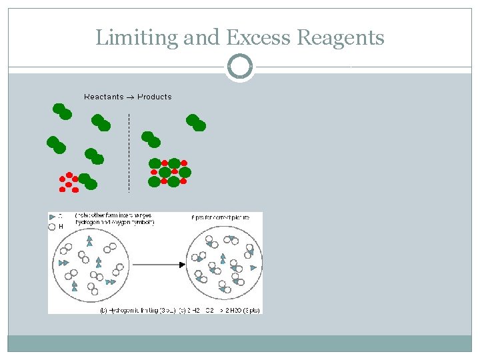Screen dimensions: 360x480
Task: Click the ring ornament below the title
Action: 240,67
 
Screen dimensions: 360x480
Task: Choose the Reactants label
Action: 103,97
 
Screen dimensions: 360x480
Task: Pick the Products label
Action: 155,97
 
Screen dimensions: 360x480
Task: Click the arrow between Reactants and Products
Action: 131,97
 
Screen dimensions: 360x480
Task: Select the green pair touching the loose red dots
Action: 87,181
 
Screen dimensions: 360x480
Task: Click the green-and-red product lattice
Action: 169,172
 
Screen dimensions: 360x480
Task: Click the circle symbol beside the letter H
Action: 53,227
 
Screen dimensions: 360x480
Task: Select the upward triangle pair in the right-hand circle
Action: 223,259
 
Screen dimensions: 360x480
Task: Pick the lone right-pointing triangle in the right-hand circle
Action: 253,268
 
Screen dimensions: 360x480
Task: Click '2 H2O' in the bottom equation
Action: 230,310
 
